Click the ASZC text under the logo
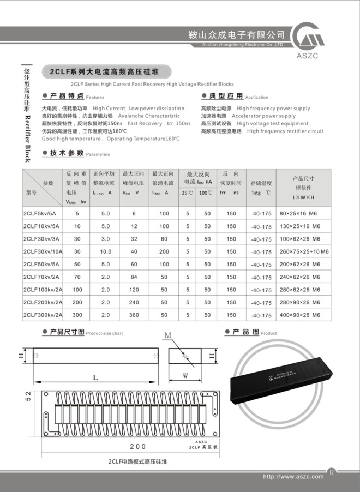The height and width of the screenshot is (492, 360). pos(319,56)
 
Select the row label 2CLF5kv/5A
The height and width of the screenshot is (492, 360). pos(41,214)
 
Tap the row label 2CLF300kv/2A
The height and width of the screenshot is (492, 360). pos(43,315)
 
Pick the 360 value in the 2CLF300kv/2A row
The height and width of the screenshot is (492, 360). pos(134,315)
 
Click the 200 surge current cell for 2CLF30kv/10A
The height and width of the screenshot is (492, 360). pos(164,251)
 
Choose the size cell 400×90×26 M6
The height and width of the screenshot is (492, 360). pos(300,315)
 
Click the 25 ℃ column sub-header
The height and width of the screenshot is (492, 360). pos(188,193)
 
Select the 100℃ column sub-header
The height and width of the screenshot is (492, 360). pos(206,193)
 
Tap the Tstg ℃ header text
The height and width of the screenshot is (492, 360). pos(261,193)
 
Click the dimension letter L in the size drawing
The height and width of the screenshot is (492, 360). pos(95,377)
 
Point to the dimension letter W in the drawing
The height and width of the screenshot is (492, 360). pos(185,375)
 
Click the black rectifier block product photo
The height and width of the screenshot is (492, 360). pos(284,371)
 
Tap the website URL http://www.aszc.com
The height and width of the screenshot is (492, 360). pos(293,476)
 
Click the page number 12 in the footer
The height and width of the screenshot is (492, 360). pos(332,472)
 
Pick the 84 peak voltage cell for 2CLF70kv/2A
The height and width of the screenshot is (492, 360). pos(134,277)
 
